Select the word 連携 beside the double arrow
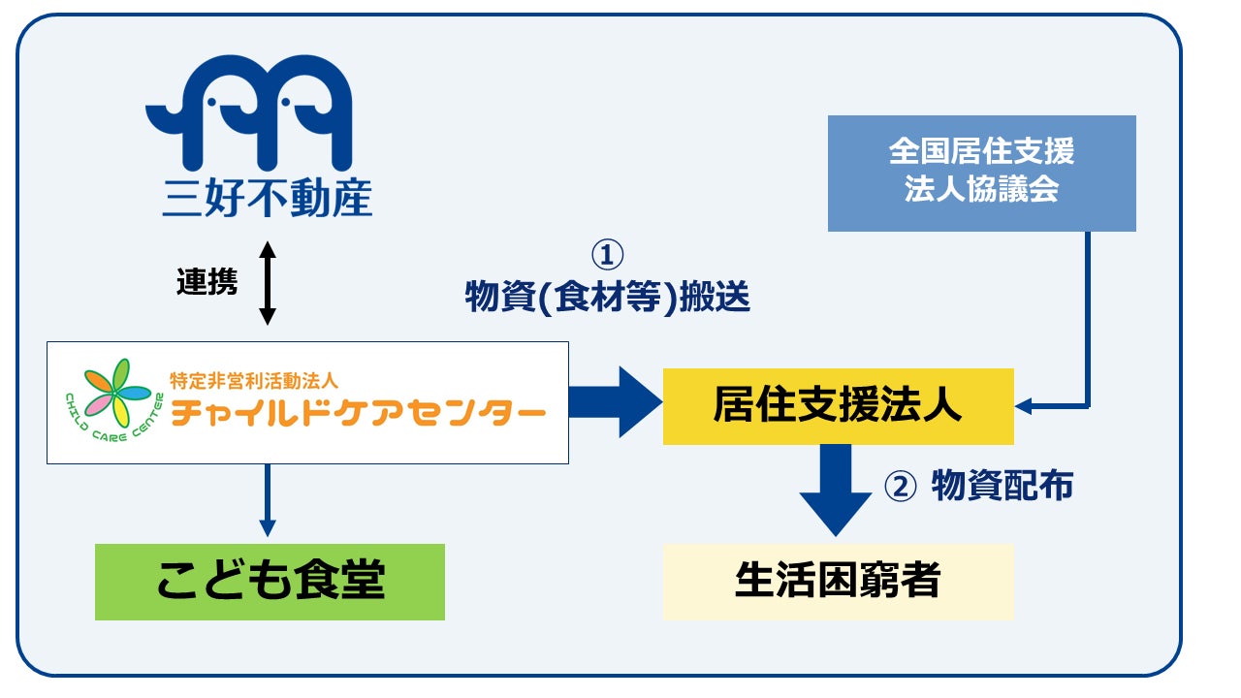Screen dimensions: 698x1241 pyautogui.click(x=207, y=282)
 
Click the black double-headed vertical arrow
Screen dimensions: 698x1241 pyautogui.click(x=268, y=282)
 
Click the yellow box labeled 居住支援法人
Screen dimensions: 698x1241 pyautogui.click(x=838, y=406)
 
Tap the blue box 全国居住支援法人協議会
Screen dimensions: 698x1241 pyautogui.click(x=981, y=173)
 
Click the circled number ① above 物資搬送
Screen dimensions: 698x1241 pyautogui.click(x=607, y=255)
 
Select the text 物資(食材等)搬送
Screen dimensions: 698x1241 pyautogui.click(x=608, y=297)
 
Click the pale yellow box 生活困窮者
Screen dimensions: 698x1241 pyautogui.click(x=838, y=581)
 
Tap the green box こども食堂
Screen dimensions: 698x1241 pyautogui.click(x=270, y=582)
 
